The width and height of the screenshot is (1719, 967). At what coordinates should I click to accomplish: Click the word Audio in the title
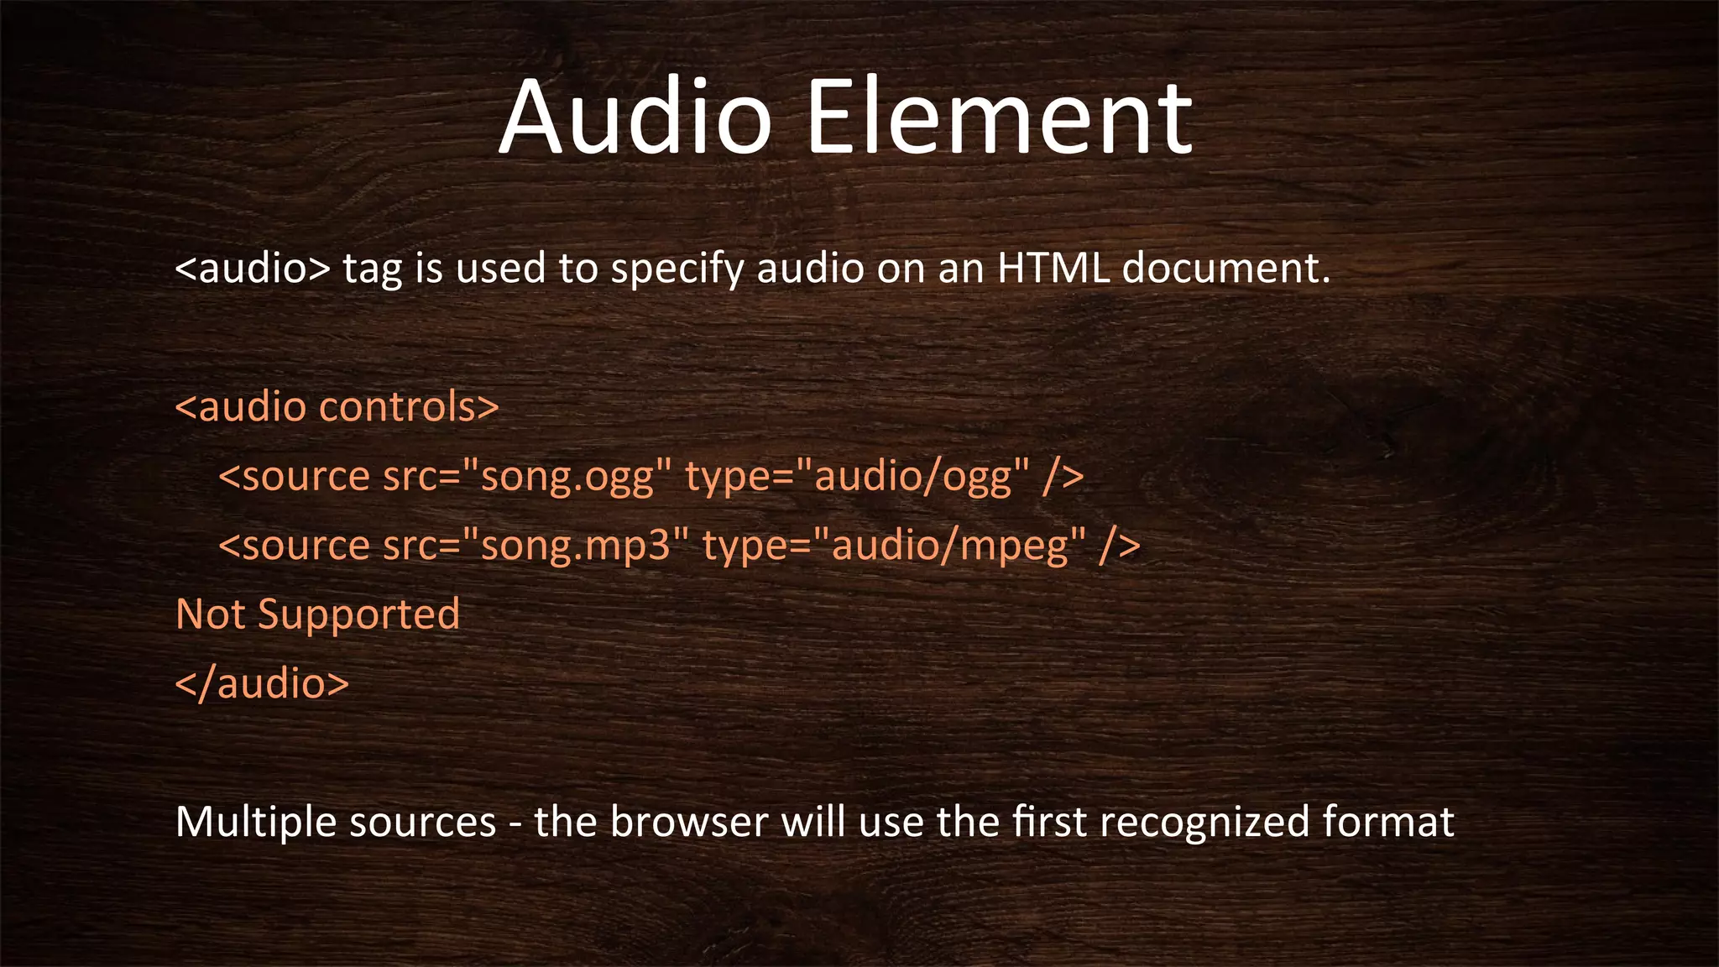[635, 118]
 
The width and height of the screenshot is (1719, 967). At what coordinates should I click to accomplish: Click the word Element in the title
[999, 118]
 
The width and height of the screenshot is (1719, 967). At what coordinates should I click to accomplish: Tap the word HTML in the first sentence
[1053, 269]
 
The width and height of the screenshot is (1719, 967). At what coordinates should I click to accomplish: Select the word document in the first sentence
[1225, 269]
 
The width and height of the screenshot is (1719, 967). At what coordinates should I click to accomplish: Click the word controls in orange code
[409, 407]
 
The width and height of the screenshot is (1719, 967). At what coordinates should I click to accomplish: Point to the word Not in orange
[211, 614]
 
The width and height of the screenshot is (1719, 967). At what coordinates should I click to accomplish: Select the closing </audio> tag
[262, 683]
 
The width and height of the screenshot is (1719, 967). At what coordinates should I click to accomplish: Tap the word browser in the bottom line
[689, 822]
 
